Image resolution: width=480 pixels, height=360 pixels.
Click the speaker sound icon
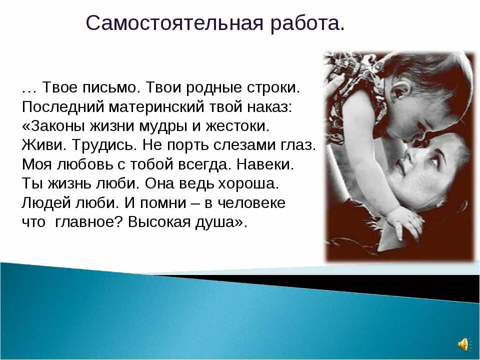463,344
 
